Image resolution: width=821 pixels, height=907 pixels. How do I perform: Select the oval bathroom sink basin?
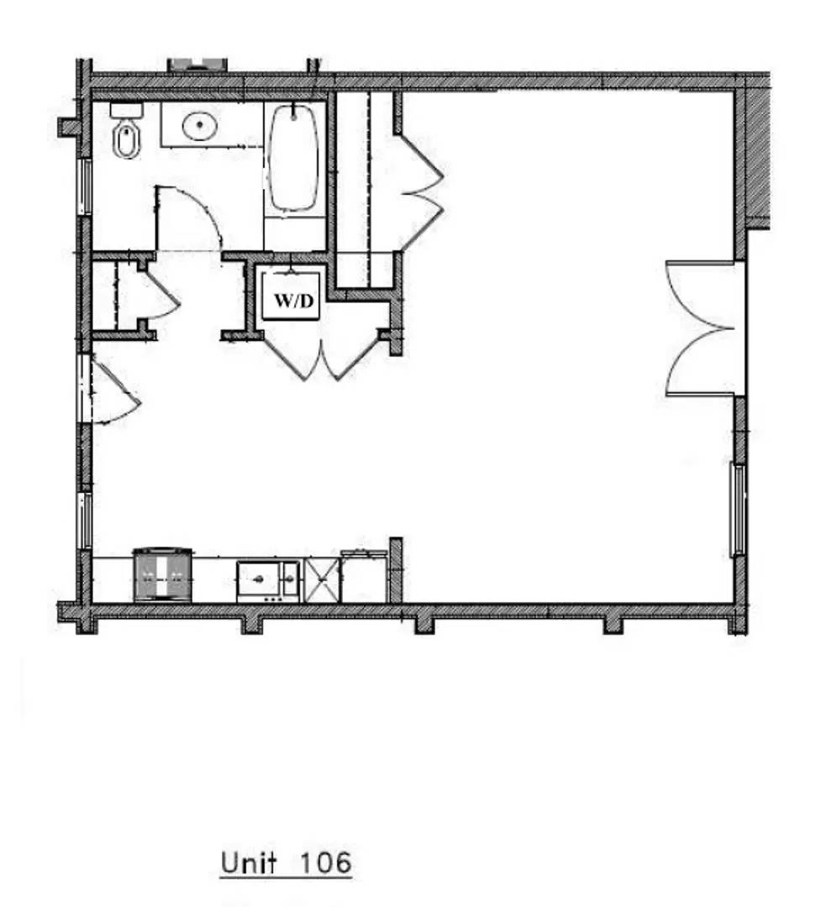click(x=200, y=126)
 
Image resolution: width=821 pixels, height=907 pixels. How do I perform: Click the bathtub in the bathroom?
click(x=293, y=158)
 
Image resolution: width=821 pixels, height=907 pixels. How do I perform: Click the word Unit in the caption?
click(x=247, y=862)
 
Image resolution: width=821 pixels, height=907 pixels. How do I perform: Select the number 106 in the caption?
click(x=324, y=862)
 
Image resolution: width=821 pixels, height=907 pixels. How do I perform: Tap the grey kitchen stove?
click(x=164, y=574)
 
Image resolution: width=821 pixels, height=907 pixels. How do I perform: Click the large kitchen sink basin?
click(x=260, y=579)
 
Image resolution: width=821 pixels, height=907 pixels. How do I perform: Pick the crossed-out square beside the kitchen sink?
click(x=322, y=579)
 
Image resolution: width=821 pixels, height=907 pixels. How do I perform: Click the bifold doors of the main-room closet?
click(x=420, y=193)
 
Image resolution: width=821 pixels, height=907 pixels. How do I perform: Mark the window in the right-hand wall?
click(x=738, y=509)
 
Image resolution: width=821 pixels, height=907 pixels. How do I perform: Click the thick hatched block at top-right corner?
click(x=758, y=155)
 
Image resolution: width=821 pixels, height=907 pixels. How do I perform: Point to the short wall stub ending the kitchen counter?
click(x=396, y=569)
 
